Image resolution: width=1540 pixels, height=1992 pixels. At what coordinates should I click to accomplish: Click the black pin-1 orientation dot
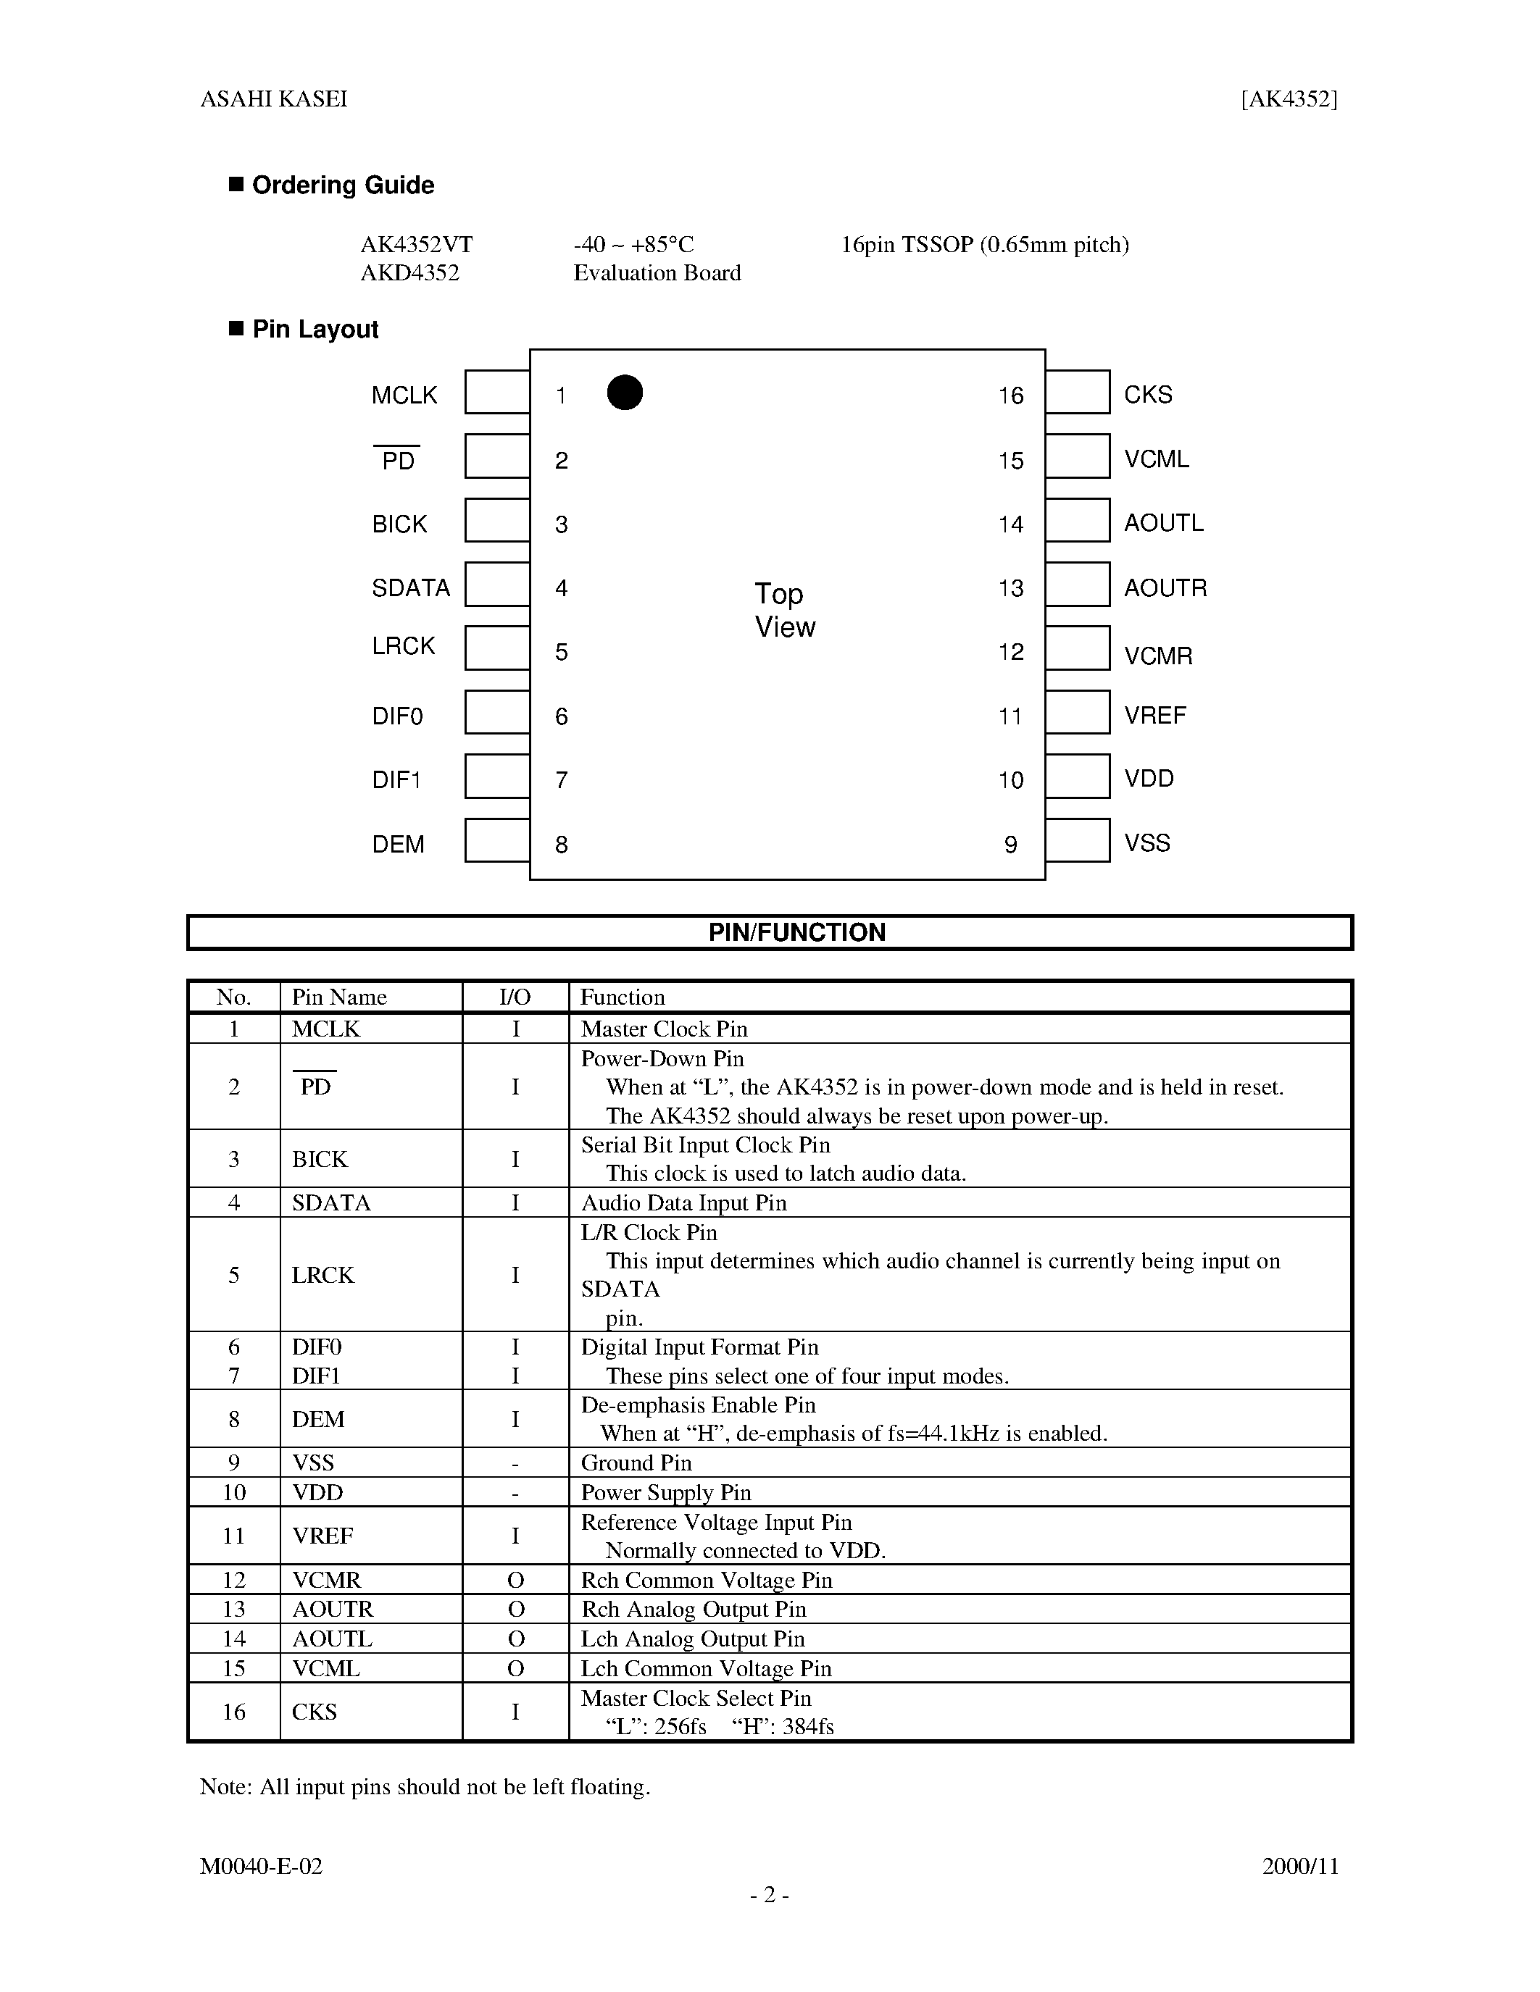click(625, 392)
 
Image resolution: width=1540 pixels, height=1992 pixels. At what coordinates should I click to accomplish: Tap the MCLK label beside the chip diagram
click(404, 395)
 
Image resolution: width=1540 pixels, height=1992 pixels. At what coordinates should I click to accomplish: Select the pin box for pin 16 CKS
click(1078, 392)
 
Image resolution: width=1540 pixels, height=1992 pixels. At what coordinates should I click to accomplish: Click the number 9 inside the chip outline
click(1010, 845)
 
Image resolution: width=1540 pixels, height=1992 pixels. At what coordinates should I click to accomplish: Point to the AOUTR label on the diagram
click(1165, 587)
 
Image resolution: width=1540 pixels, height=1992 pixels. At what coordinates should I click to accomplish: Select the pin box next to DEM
click(497, 840)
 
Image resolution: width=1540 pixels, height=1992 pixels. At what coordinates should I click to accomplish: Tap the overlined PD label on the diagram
click(398, 460)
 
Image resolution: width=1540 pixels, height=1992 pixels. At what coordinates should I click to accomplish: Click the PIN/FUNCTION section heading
click(796, 932)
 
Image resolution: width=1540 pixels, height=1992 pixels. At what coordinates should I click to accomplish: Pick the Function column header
click(623, 997)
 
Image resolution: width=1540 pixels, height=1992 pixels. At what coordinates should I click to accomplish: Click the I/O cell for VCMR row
click(515, 1580)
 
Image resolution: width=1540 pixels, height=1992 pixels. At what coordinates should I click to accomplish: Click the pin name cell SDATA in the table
click(331, 1203)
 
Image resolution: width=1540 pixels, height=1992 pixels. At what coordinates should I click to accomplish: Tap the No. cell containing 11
click(233, 1536)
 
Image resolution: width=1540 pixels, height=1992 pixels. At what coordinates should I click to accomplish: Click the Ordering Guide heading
click(342, 185)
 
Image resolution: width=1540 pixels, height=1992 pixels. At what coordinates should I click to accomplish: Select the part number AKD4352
click(409, 272)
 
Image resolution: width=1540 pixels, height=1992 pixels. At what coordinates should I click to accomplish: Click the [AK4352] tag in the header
click(1289, 99)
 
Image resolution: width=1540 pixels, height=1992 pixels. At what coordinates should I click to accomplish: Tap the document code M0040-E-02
click(261, 1866)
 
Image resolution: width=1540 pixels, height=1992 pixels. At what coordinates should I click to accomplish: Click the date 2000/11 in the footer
click(1300, 1866)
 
